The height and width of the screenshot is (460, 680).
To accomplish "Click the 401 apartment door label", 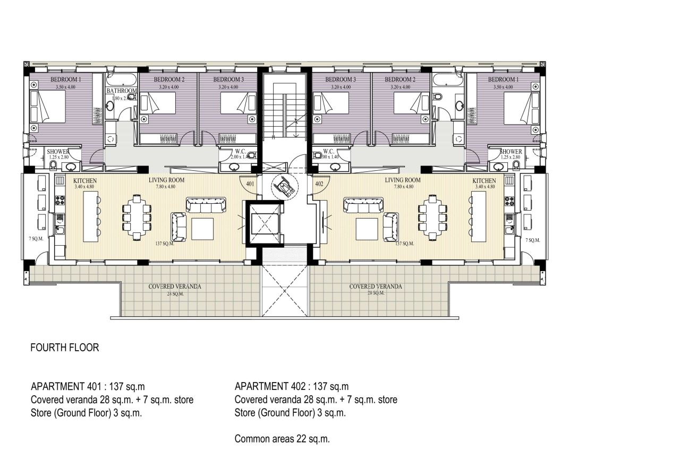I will point(249,184).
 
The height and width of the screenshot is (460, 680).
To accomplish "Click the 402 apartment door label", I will point(319,184).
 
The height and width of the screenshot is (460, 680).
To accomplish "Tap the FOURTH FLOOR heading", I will point(65,348).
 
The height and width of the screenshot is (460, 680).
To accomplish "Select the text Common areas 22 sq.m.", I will point(282,439).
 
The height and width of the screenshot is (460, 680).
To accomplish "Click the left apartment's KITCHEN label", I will point(85,181).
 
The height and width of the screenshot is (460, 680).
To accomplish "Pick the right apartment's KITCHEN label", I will point(484,181).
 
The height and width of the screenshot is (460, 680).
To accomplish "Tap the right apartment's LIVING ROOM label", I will point(402,180).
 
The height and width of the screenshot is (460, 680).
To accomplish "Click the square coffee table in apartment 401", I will point(202,229).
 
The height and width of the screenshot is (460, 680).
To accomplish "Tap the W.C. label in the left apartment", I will point(240,151).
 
